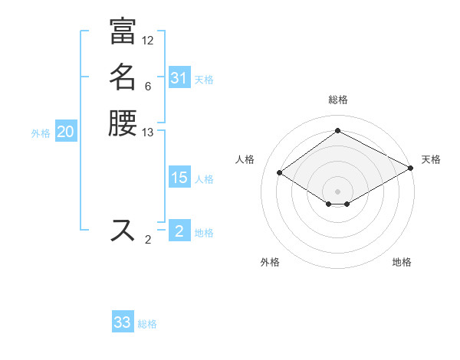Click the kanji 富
[123, 31]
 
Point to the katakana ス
[123, 230]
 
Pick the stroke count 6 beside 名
[148, 87]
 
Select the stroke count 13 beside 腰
[148, 133]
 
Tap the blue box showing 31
[179, 78]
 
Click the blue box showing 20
[66, 132]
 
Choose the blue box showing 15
[179, 178]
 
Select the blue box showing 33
[123, 322]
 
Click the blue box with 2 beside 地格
[179, 231]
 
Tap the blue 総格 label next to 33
[147, 324]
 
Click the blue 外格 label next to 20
[41, 133]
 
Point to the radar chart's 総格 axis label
[337, 100]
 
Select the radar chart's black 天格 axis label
[431, 159]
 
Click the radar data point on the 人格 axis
[280, 173]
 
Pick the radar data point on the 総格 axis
[337, 131]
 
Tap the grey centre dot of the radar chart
[337, 191]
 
